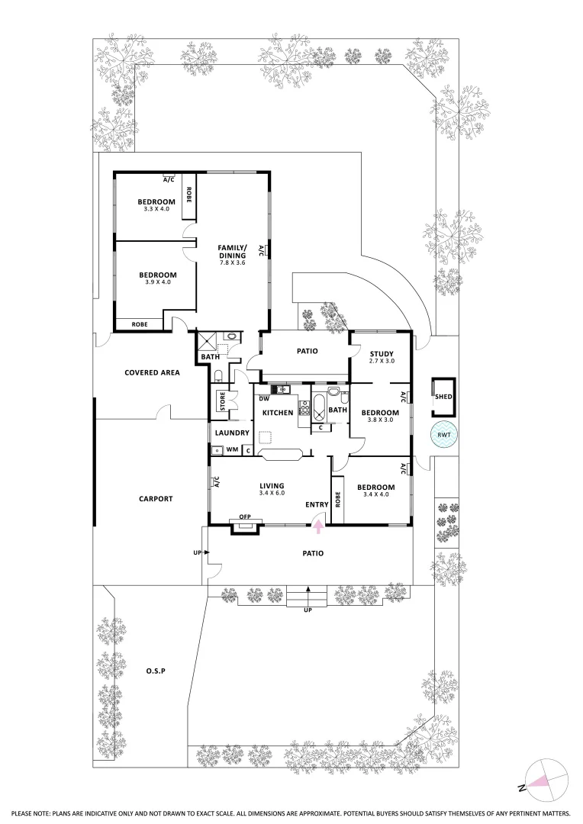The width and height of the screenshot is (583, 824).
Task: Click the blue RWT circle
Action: coord(443,435)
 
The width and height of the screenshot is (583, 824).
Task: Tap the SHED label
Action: coord(443,397)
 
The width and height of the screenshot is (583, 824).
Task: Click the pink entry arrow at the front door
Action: coord(319,520)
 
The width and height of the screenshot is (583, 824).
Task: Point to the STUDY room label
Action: coord(381,354)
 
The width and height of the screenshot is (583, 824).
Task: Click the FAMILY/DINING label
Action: coord(232,253)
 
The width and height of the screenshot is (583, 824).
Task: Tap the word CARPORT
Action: coord(156,499)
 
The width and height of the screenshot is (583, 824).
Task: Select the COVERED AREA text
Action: coord(152,372)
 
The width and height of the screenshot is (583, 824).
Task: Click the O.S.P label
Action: coord(155,671)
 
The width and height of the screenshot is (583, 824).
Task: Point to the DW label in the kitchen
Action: coord(263,398)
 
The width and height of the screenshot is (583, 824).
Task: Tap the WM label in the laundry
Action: coord(232,450)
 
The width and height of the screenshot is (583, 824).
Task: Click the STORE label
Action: coord(223,401)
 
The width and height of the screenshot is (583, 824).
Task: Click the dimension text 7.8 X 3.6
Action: coord(232,262)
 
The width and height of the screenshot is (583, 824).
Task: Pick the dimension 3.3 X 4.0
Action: coord(156,209)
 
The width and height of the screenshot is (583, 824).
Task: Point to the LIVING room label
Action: coord(272,486)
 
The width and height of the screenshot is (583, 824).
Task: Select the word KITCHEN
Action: coord(278,413)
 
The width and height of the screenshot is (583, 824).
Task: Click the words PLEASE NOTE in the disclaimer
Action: coord(37,813)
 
